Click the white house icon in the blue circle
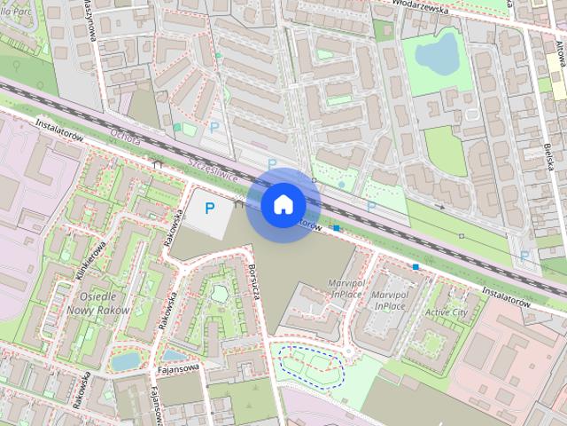point(283,204)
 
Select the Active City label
point(447,312)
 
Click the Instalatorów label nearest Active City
point(506,296)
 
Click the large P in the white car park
point(210,209)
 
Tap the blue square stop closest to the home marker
point(336,229)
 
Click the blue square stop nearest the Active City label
point(415,265)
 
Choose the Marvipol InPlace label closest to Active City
point(390,300)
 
